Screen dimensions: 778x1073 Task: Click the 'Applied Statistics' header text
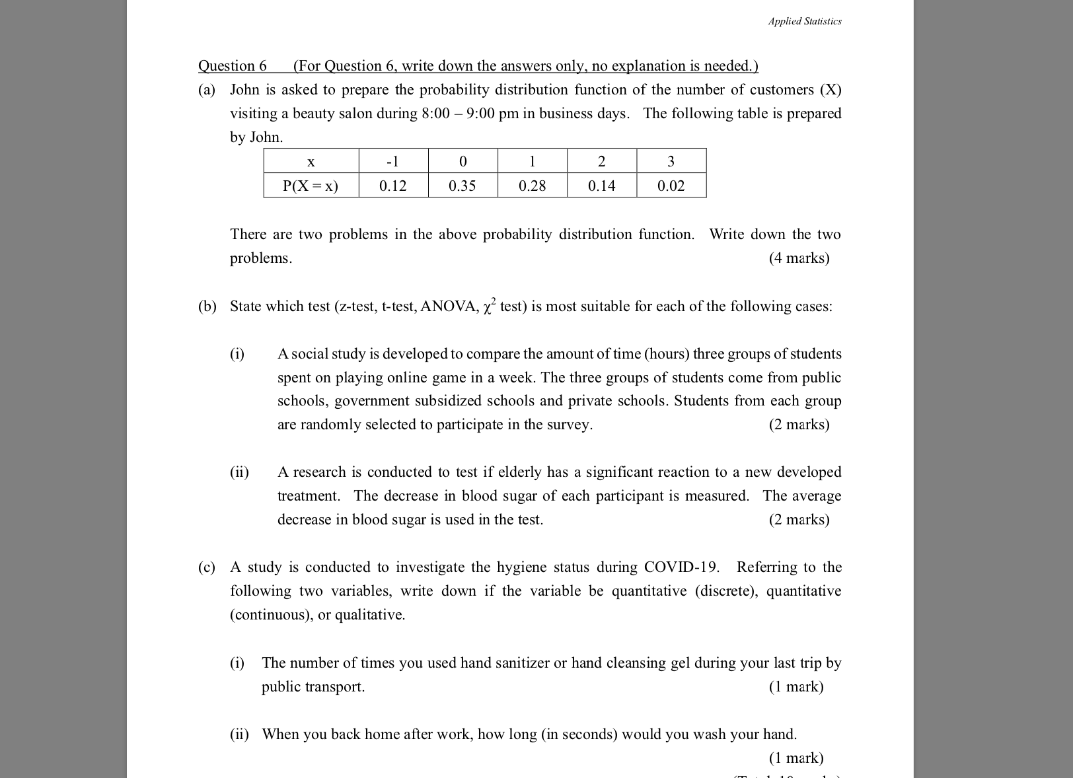tap(804, 21)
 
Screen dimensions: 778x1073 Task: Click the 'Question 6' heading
tap(233, 66)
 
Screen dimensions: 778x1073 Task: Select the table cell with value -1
tap(393, 162)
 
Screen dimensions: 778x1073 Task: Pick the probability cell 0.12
tap(393, 186)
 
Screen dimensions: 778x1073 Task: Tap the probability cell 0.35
tap(462, 186)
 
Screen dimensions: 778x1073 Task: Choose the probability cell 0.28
tap(533, 186)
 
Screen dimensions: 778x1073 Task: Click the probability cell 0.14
tap(602, 186)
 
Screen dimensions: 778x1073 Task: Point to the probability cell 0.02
tap(671, 186)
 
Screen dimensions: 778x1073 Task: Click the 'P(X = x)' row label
tap(311, 186)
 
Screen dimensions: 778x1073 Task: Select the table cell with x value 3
tap(671, 162)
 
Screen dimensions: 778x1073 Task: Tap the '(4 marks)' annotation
tap(799, 258)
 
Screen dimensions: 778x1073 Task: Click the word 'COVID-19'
tap(681, 567)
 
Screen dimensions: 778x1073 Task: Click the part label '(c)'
tap(207, 567)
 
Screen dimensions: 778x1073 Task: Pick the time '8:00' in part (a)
tap(435, 114)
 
